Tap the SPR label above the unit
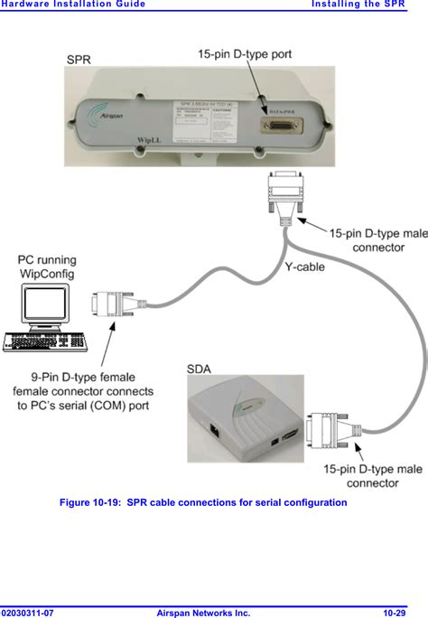pos(79,60)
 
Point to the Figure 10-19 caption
pos(203,502)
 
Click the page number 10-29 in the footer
pos(398,613)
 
